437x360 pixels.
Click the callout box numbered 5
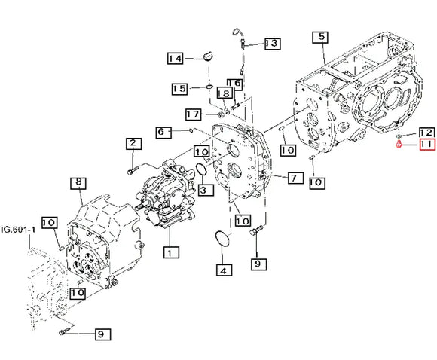coord(320,38)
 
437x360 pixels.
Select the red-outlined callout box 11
coord(427,145)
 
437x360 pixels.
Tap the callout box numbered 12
coord(426,133)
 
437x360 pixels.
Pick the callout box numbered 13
coord(272,44)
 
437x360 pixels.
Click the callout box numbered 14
coord(176,59)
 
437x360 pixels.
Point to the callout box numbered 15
coord(179,89)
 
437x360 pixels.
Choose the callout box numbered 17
coord(194,114)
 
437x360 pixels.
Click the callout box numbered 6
coord(163,132)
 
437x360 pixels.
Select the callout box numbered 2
coord(133,144)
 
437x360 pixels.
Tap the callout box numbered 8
coord(78,183)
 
